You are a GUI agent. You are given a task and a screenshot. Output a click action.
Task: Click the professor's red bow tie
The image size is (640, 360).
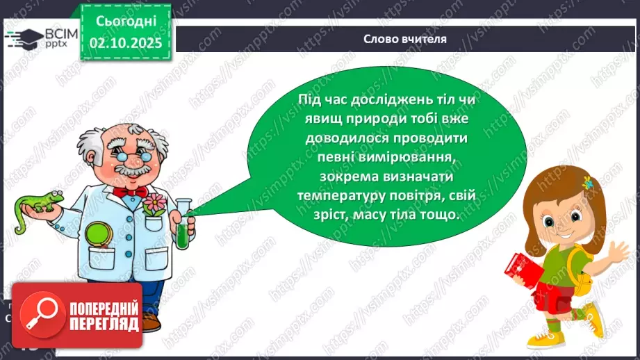129,190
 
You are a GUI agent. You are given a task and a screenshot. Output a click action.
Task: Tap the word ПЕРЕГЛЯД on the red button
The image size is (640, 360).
104,324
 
